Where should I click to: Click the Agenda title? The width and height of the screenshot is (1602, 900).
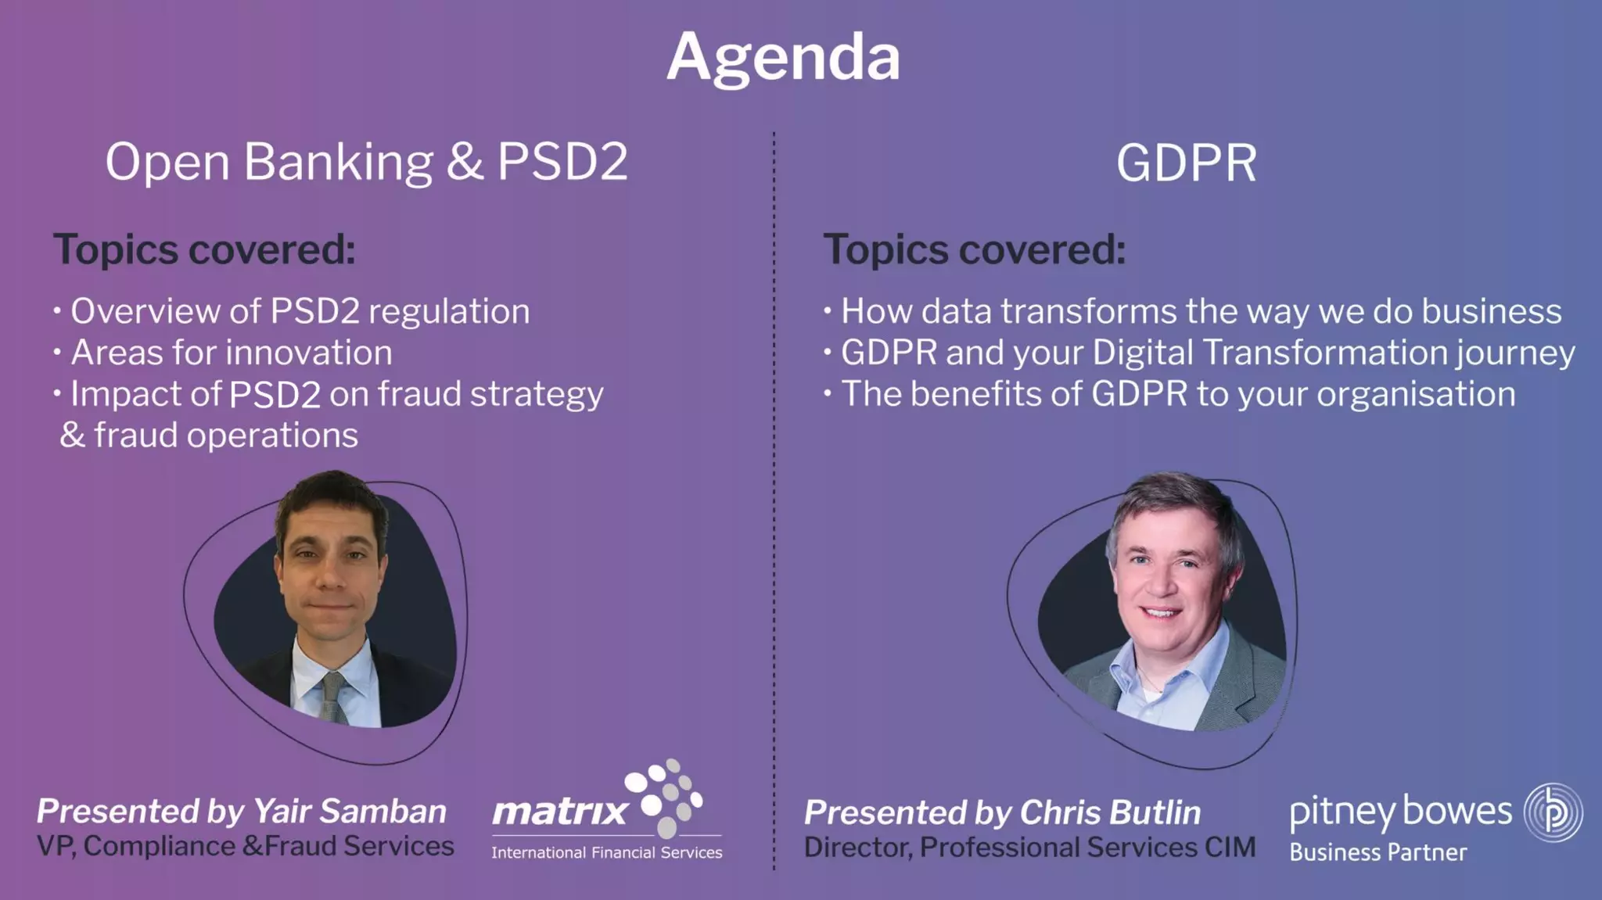(x=783, y=57)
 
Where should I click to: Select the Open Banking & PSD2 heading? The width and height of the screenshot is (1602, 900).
(x=366, y=162)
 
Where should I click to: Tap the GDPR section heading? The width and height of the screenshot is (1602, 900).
(x=1186, y=163)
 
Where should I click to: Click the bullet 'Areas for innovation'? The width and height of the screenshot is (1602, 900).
(x=232, y=353)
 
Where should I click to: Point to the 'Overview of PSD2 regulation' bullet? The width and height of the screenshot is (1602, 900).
(x=300, y=311)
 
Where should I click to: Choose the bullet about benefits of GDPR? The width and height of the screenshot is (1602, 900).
(x=1177, y=394)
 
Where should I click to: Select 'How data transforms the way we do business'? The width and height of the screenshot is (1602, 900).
(x=1201, y=311)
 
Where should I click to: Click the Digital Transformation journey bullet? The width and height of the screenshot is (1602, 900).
(x=1207, y=353)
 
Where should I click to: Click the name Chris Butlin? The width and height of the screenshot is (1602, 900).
(x=1110, y=812)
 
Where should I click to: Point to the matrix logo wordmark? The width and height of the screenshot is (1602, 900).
(x=560, y=811)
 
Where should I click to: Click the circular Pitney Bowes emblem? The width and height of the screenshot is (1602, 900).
(x=1553, y=812)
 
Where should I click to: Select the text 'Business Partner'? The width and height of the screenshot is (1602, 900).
(x=1378, y=852)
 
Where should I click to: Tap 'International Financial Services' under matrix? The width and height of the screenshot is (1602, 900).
(x=606, y=852)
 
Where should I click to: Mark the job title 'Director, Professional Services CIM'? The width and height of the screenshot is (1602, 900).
(x=1029, y=848)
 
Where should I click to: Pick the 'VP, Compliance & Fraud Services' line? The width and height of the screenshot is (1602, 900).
(x=245, y=846)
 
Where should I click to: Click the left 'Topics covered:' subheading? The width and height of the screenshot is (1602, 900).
(x=204, y=250)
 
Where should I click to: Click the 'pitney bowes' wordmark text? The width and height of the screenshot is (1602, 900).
(x=1400, y=812)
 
